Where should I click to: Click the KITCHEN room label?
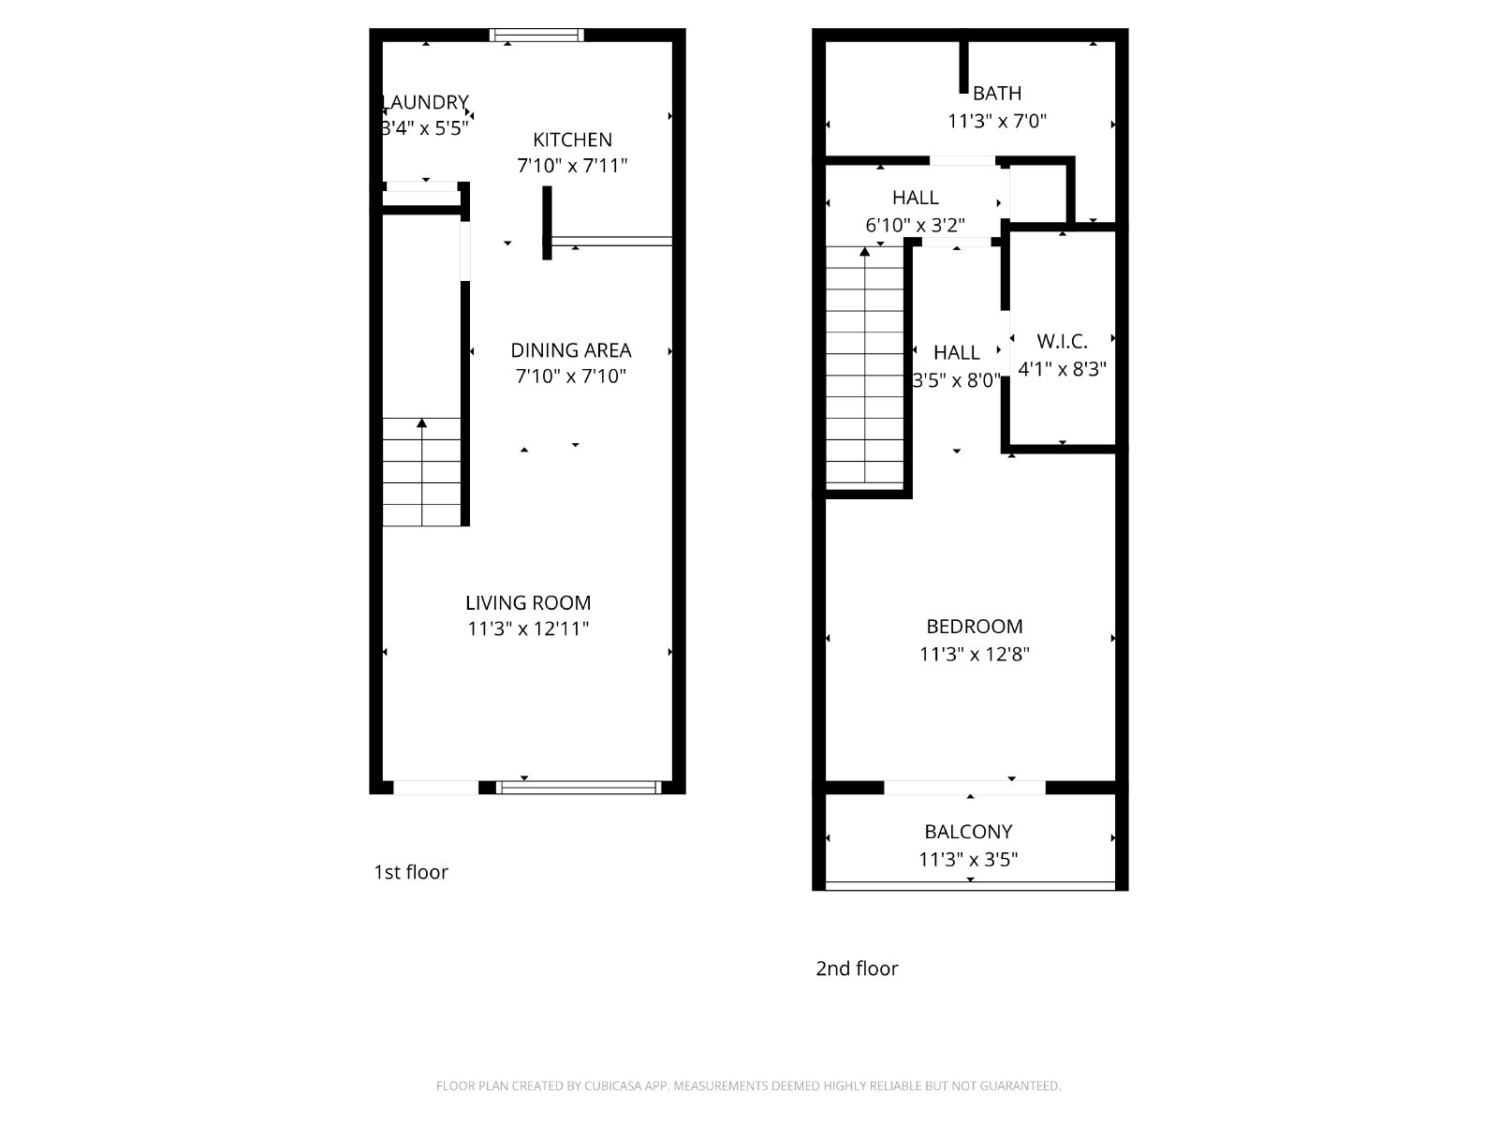tap(572, 140)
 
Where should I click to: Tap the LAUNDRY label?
tap(425, 102)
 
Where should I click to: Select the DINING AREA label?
tap(571, 350)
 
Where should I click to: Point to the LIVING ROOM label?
tap(528, 602)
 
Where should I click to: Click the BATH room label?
tap(997, 93)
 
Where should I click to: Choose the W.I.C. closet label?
tap(1062, 341)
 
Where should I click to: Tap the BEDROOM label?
tap(975, 626)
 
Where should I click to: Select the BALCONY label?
tap(968, 831)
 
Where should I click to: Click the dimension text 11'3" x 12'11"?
tap(528, 629)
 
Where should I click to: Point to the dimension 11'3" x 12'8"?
tap(975, 654)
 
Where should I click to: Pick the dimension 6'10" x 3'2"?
tap(915, 225)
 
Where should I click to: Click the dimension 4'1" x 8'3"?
tap(1062, 368)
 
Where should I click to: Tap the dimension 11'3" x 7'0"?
tap(997, 121)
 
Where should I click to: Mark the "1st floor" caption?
tap(411, 872)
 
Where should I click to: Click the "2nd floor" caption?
tap(858, 969)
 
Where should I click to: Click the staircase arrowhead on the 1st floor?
tap(421, 423)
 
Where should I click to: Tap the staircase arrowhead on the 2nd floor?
tap(865, 252)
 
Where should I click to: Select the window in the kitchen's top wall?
tap(537, 35)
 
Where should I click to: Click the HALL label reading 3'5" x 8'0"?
tap(957, 366)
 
